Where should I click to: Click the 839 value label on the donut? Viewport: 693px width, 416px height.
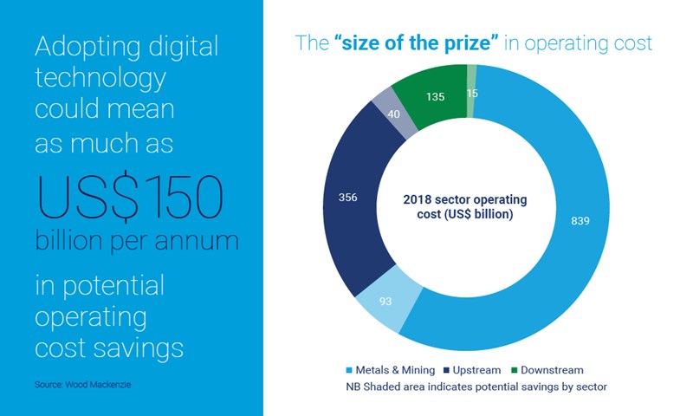tap(580, 221)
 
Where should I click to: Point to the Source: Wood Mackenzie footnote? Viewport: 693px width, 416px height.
tap(72, 382)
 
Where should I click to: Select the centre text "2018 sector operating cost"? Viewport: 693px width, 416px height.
tap(470, 207)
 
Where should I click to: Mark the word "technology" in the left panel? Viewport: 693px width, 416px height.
tap(100, 80)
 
